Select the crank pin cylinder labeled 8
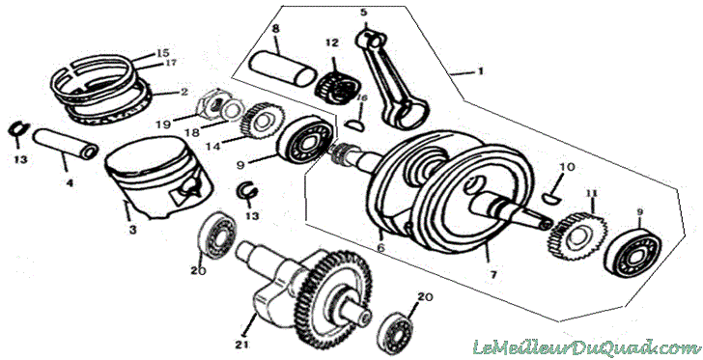[282, 69]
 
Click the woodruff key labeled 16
[353, 124]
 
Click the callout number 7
[493, 275]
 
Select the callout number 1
[480, 70]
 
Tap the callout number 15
[163, 54]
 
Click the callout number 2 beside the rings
[183, 93]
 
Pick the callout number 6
[380, 247]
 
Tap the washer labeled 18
[232, 110]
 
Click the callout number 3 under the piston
[132, 230]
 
